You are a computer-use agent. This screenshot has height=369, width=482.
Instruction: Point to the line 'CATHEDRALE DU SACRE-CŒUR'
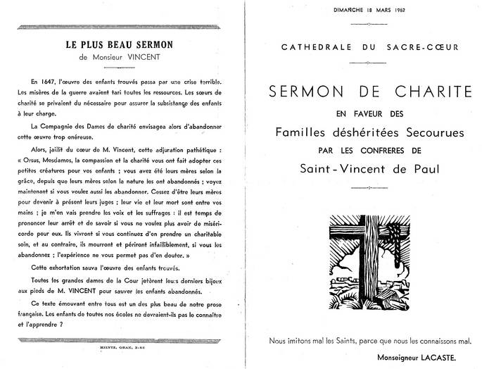pos(369,48)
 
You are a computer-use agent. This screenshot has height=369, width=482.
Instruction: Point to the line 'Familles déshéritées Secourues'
pos(369,132)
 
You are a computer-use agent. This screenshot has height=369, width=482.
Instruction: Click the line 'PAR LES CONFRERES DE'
pos(369,149)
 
